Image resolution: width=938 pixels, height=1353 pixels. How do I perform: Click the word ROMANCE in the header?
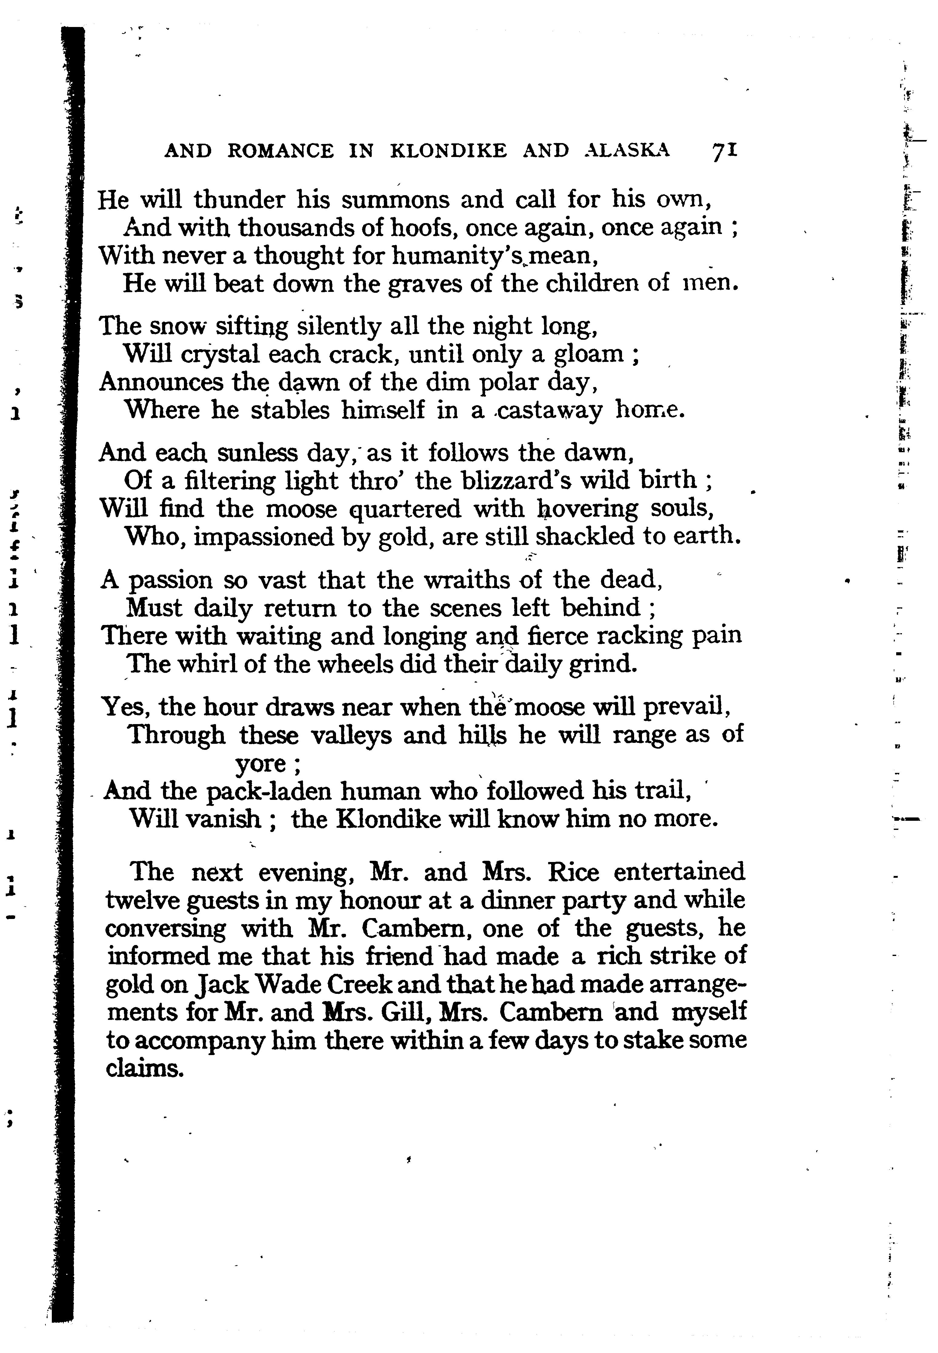click(x=280, y=152)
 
